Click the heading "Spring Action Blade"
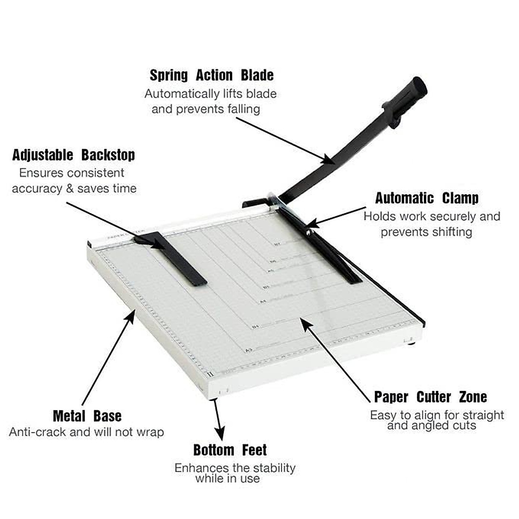211,75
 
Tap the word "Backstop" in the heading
108,155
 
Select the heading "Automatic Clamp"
426,199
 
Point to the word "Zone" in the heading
472,397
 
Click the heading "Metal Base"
87,416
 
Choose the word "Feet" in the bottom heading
254,450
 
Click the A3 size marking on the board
248,350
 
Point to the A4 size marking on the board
262,301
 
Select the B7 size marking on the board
277,244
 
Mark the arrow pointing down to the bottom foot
218,420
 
